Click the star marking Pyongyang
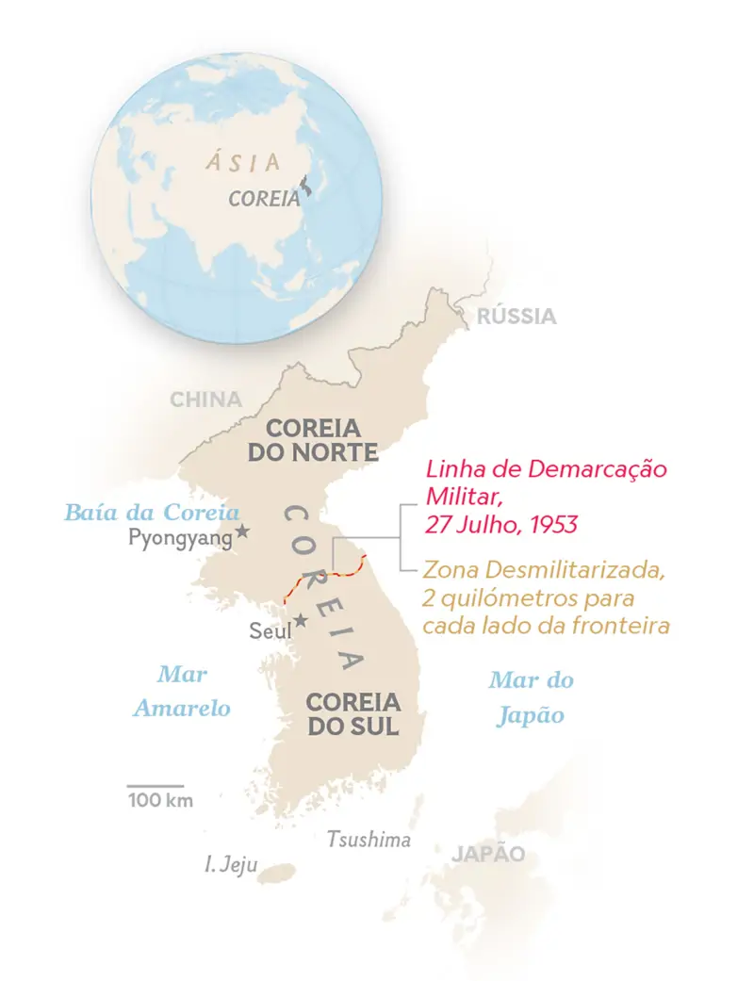242,531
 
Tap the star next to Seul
301,620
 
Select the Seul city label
270,629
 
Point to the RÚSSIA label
516,317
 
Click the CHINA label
205,400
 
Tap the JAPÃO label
487,855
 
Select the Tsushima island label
369,839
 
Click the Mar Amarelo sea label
182,692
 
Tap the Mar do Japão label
531,697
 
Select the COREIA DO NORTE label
313,438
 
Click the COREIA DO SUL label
353,714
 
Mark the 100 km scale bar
156,785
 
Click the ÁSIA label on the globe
244,161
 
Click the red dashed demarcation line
320,577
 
